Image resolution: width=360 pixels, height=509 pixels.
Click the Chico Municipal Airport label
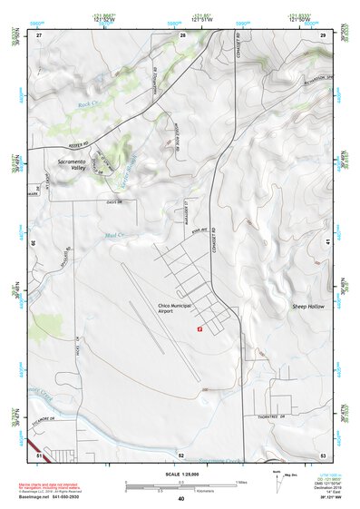click(x=176, y=308)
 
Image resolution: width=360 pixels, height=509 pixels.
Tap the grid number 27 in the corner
click(x=39, y=34)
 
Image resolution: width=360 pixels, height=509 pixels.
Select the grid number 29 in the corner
click(x=323, y=34)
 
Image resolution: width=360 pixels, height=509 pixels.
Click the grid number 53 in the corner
click(x=323, y=455)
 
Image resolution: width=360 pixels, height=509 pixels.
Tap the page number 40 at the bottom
click(x=180, y=499)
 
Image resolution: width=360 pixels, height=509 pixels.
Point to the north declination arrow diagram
click(x=268, y=481)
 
